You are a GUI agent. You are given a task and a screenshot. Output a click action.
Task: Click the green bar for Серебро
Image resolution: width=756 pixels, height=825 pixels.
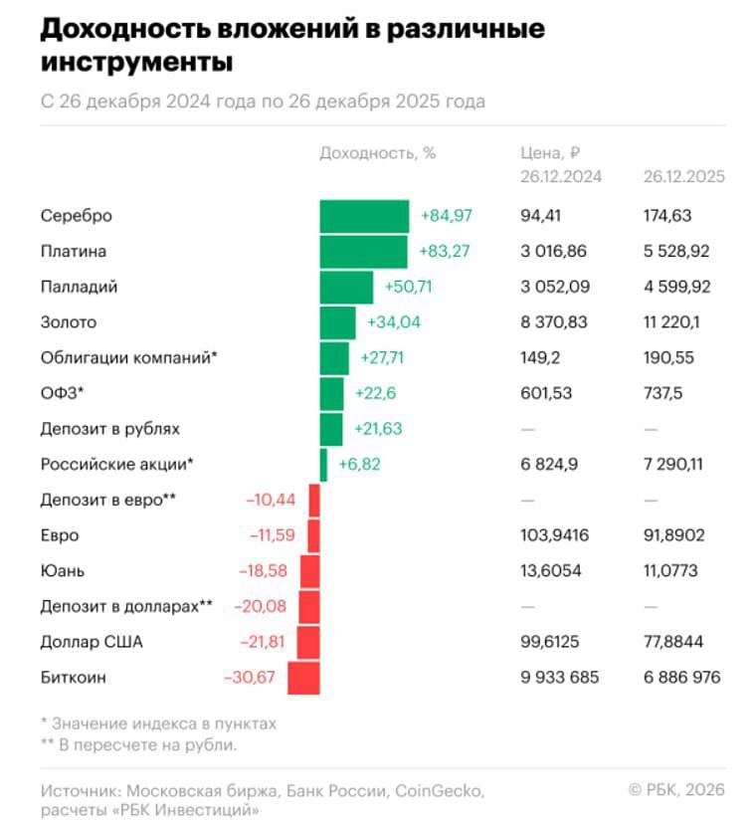[364, 216]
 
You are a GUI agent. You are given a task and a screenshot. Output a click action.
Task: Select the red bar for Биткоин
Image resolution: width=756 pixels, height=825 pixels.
[303, 678]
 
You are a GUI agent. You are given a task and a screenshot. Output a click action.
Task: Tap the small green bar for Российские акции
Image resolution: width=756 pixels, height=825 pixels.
[323, 465]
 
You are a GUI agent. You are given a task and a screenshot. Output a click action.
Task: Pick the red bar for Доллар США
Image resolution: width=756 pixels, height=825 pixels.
[307, 642]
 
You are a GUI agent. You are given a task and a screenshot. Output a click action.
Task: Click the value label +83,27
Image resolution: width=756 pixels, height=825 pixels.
[445, 252]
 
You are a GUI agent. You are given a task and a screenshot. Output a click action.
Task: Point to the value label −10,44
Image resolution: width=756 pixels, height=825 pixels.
[271, 500]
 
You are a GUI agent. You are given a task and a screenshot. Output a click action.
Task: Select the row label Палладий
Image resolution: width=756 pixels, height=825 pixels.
[80, 288]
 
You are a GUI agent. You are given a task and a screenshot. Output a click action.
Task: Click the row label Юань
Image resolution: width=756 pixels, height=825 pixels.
[63, 571]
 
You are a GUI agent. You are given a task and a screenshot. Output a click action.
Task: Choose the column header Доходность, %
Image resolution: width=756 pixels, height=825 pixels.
[378, 153]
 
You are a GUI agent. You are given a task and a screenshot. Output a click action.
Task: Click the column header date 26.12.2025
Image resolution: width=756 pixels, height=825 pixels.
[683, 177]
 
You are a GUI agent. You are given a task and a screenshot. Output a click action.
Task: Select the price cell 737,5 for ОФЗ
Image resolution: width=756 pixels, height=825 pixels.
[661, 394]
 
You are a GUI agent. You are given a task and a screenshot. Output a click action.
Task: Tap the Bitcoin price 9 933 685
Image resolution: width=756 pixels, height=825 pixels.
[560, 678]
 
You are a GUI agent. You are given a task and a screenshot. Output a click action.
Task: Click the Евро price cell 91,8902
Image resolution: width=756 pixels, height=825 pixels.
[673, 535]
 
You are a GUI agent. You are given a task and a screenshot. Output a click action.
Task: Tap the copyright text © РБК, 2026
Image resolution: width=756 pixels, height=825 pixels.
[676, 790]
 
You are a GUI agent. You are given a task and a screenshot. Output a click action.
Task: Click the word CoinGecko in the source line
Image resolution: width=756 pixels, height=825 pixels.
[439, 791]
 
